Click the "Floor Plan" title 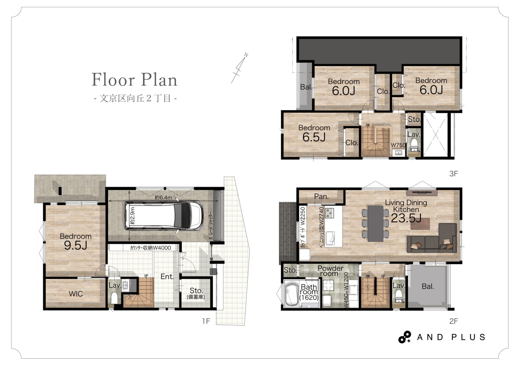134,79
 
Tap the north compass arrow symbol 239,68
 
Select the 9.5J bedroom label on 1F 76,241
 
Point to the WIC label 76,294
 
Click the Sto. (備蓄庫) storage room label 196,293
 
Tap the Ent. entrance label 167,276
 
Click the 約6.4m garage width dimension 163,197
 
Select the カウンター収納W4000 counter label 150,248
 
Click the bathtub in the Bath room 291,294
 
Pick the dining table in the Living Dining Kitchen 375,224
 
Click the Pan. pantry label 321,196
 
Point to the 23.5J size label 406,218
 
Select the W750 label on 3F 398,145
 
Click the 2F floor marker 453,321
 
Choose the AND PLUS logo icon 405,337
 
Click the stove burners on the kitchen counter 329,213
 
